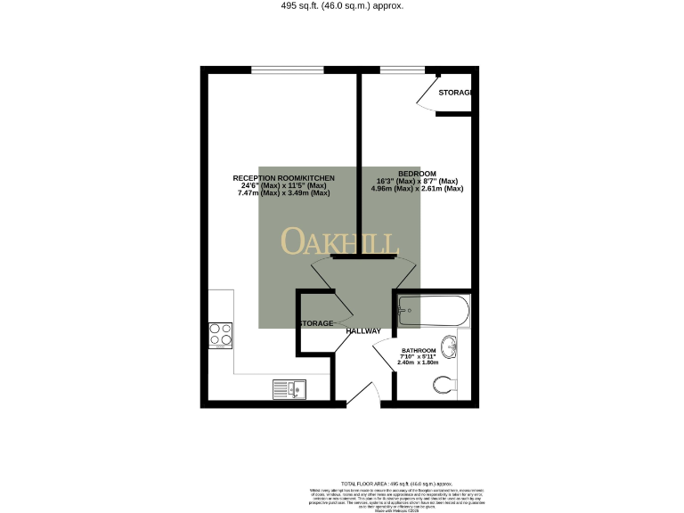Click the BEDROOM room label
point(417,173)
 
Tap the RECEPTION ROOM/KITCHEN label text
point(283,178)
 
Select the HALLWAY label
point(363,331)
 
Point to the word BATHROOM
point(418,350)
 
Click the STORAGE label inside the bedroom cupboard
point(454,93)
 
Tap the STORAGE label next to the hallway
point(315,323)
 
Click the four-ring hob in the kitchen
point(221,333)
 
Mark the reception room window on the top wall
point(287,69)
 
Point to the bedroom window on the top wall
point(402,69)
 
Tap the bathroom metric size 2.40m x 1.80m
point(418,363)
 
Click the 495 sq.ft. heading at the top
point(342,5)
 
